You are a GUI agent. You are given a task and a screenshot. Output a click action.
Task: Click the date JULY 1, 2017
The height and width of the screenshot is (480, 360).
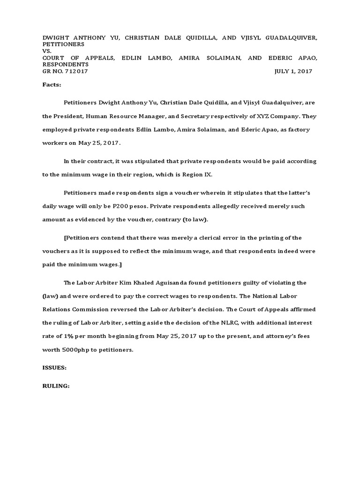coord(293,71)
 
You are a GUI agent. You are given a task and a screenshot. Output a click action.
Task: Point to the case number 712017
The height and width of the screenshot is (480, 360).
coord(75,71)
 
